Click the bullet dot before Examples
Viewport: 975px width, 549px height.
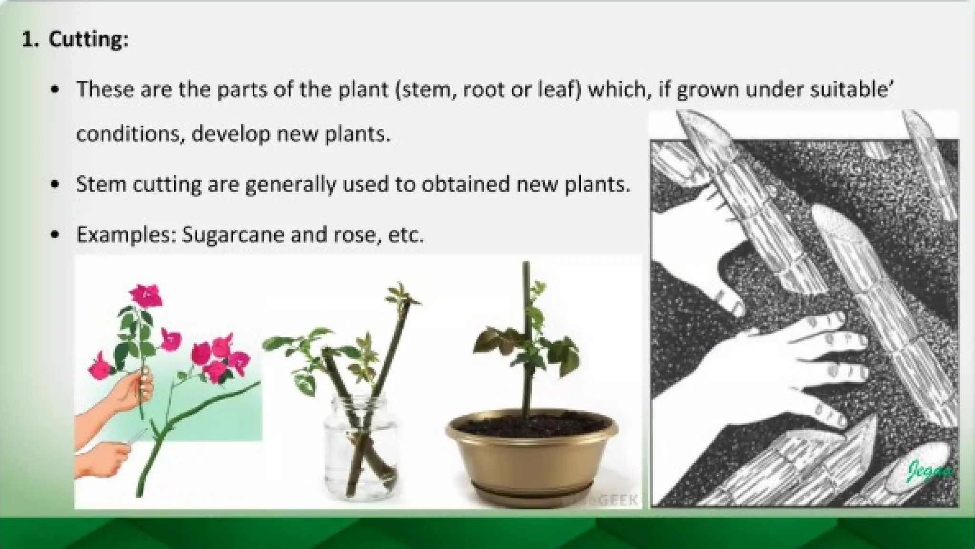[56, 235]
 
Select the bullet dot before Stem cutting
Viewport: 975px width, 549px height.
[56, 184]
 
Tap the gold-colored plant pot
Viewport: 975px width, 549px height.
[532, 457]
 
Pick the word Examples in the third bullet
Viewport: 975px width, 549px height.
[126, 235]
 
